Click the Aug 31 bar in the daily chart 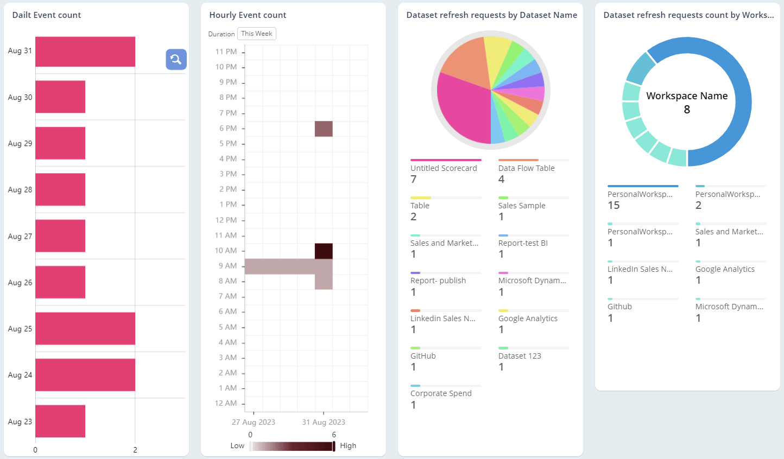pos(85,52)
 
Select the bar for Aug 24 pos(85,375)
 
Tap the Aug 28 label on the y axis pos(20,190)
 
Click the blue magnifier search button pos(176,60)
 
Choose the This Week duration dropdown pos(257,34)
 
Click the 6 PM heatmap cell pos(324,129)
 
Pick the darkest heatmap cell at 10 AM pos(324,251)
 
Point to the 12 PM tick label pos(226,220)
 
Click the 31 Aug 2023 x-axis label pos(324,422)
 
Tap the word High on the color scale pos(348,446)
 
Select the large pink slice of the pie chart pos(461,109)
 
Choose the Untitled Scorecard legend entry pos(444,169)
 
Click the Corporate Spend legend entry pos(441,394)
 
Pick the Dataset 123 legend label pos(520,356)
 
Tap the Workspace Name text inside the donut pos(687,96)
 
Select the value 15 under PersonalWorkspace pos(614,206)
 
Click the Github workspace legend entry pos(619,307)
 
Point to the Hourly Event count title pos(248,15)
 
